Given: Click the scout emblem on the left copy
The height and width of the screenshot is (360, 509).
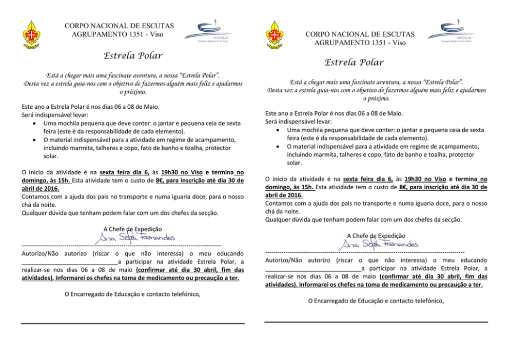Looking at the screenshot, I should (32, 34).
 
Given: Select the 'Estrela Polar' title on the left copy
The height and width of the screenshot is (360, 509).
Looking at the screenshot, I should (133, 55).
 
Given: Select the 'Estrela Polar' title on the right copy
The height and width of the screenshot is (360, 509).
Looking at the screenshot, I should (354, 63).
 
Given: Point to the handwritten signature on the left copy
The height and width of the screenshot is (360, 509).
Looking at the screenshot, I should (134, 237).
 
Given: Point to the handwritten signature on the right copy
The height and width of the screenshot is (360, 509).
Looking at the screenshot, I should (379, 245).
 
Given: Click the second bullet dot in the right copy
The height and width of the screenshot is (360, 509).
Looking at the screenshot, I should (277, 147).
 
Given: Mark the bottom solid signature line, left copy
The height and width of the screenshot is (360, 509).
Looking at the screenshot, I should (132, 324).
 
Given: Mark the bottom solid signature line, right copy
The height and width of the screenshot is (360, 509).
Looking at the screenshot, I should (376, 322).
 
